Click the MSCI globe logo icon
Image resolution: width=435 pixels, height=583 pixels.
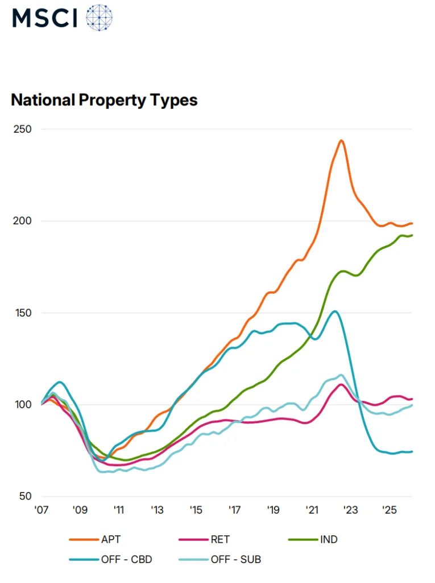coord(99,18)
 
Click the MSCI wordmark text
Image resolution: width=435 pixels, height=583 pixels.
coord(45,18)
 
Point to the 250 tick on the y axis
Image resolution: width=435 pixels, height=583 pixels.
coord(23,129)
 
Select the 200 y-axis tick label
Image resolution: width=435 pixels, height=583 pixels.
coord(23,221)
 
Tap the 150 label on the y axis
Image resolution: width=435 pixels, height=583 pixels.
coord(23,313)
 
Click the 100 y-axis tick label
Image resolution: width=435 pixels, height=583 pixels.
coord(23,405)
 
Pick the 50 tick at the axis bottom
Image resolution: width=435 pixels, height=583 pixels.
coord(25,496)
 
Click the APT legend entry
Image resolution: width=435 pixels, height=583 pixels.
coord(111,539)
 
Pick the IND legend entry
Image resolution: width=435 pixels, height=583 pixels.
coord(329,539)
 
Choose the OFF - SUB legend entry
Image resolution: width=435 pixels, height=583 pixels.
coord(235,560)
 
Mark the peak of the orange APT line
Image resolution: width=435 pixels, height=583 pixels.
coord(341,140)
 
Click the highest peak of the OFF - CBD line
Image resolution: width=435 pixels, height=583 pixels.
coord(335,311)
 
